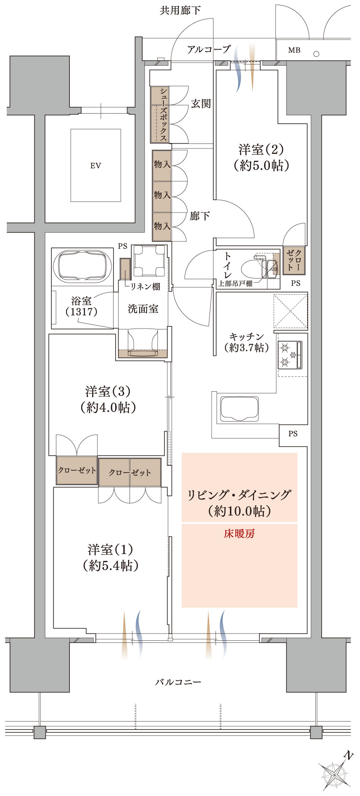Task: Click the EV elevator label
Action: (95, 166)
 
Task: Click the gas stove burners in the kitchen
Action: (290, 354)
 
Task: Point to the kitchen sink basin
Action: (239, 408)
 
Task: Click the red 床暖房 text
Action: (239, 534)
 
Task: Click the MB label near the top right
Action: (294, 50)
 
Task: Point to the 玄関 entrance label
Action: (201, 103)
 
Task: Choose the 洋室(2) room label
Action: (261, 149)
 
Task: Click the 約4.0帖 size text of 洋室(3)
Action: (108, 407)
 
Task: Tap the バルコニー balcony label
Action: (178, 682)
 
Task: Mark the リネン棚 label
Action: (145, 287)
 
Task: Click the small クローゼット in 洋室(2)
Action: (294, 260)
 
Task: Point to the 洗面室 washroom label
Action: (143, 309)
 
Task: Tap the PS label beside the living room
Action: (293, 434)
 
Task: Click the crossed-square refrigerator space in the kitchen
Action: (291, 310)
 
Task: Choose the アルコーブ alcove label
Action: (209, 49)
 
